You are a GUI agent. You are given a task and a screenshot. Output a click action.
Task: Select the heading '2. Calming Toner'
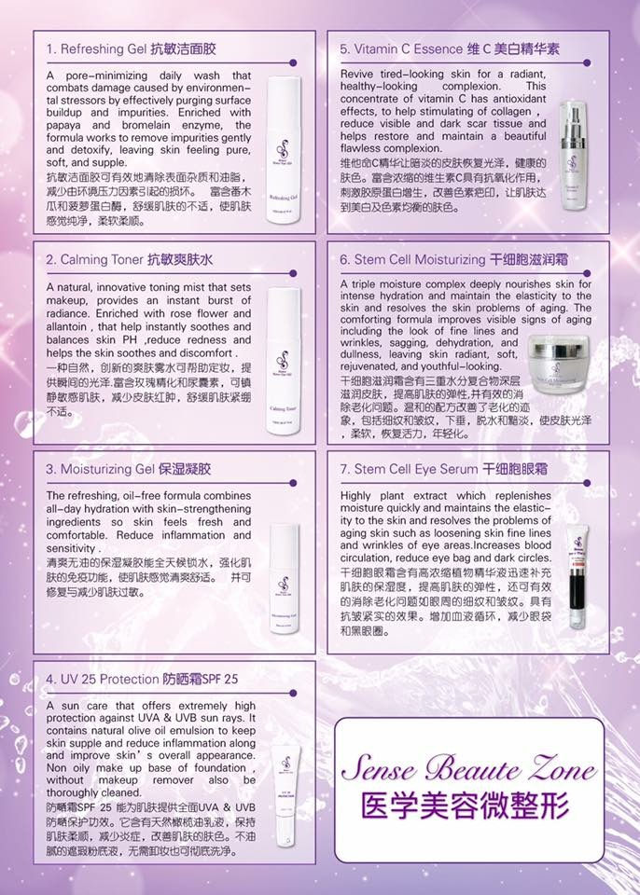point(93,258)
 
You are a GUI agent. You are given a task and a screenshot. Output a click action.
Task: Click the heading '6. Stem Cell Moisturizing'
point(412,258)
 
